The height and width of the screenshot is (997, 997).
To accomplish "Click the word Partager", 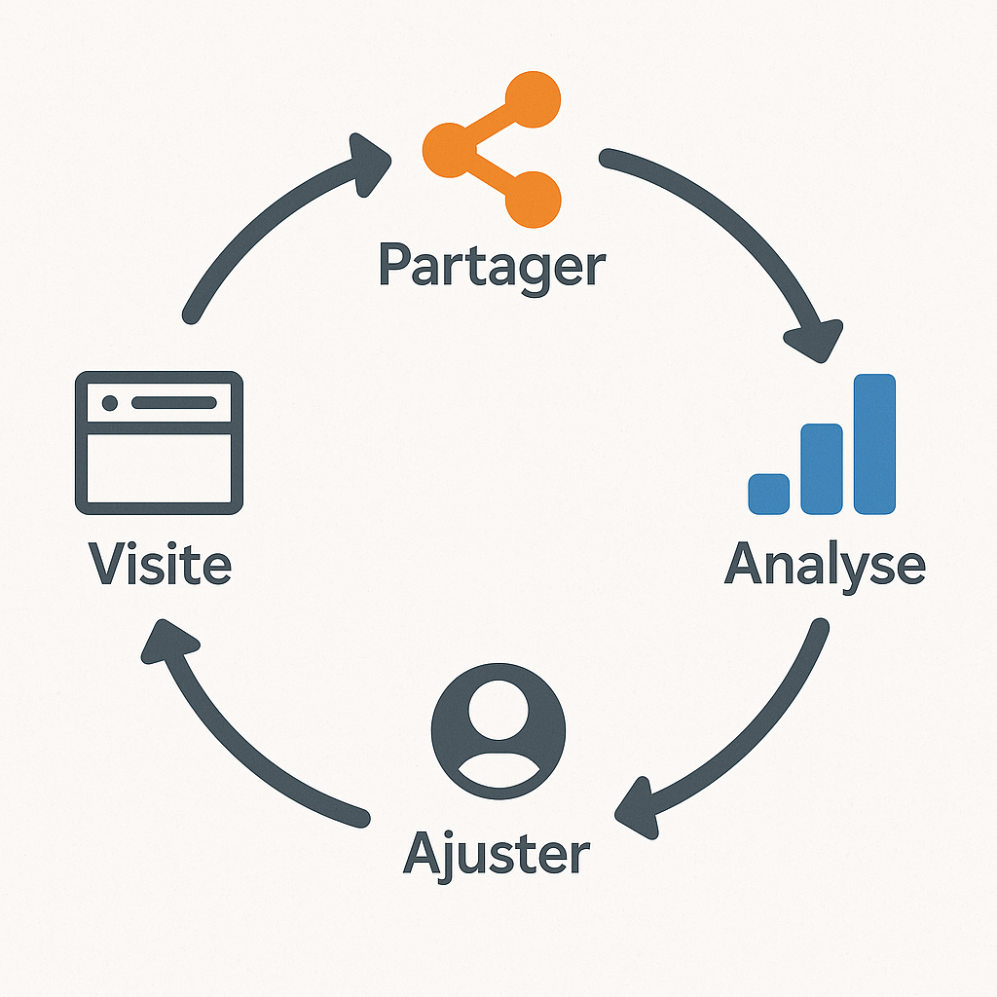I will (x=491, y=264).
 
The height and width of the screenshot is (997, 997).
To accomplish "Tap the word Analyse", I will (x=825, y=564).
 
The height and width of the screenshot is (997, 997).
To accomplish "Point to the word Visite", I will (x=160, y=564).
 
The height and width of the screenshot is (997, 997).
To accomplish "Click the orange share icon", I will (x=491, y=147).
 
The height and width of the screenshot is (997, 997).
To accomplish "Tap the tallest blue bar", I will (x=873, y=443).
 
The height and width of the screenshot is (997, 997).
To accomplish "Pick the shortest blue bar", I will (x=768, y=493).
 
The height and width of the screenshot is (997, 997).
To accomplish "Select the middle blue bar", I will (x=821, y=468).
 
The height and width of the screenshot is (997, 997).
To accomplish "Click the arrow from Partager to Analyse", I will (x=740, y=234).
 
